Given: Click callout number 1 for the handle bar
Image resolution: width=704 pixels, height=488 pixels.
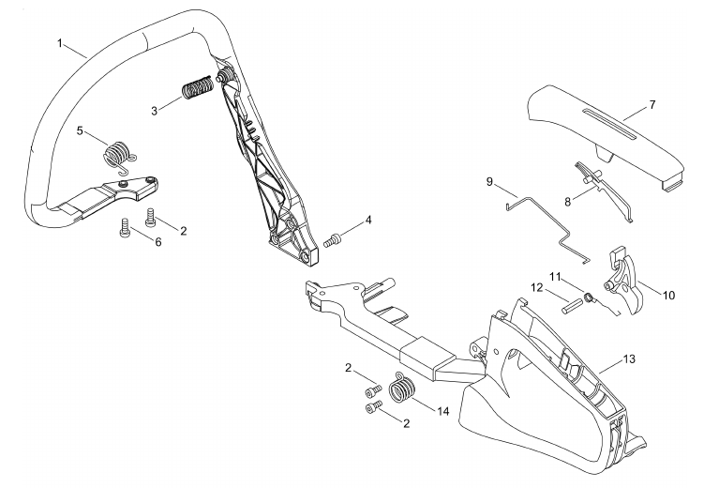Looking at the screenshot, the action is (60, 43).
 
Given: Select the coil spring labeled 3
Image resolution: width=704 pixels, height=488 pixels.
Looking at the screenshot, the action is (197, 86).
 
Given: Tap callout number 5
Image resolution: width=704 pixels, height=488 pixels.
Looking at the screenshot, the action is (80, 130).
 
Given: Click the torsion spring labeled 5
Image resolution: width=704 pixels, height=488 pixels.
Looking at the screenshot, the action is (118, 156).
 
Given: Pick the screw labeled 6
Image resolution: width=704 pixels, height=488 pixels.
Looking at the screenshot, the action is (125, 226).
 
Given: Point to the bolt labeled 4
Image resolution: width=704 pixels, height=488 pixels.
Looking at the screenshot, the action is (333, 240).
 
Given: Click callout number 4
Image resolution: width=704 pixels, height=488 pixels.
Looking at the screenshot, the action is (368, 221).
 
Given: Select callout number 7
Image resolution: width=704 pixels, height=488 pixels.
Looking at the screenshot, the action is (652, 105).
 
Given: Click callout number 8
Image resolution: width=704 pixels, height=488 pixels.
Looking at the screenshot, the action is (568, 202).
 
